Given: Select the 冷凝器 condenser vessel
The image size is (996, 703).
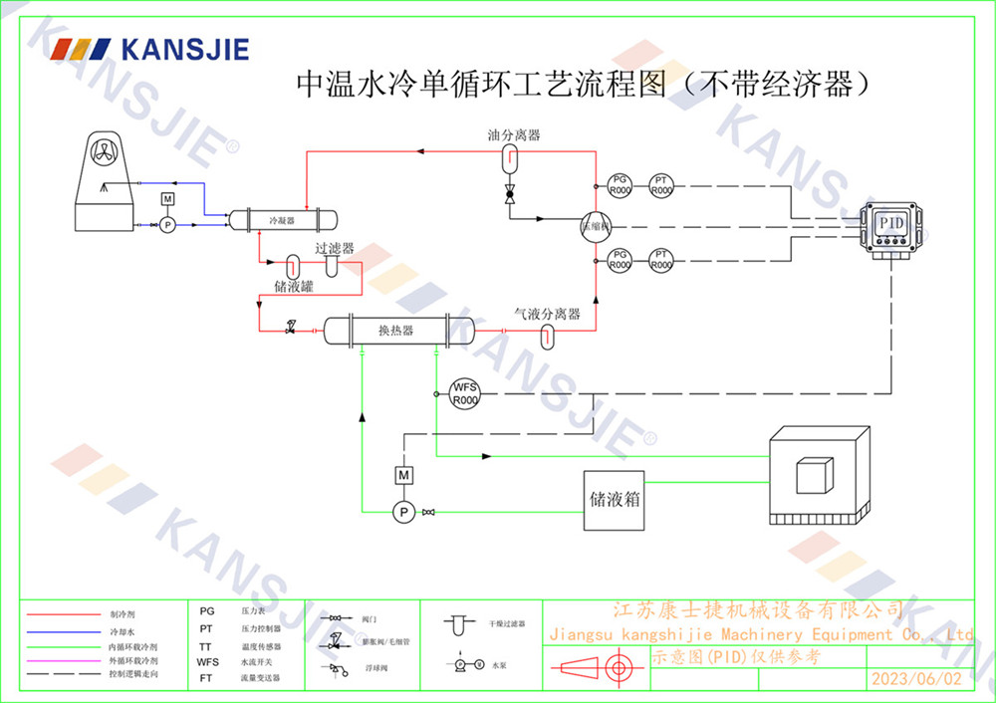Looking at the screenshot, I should (282, 218).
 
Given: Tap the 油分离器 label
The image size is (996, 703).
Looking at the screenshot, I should (514, 133).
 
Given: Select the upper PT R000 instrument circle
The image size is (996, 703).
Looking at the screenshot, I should (661, 184).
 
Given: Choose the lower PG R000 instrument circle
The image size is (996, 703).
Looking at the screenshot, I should (621, 260).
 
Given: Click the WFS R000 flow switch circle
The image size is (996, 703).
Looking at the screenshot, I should (465, 393).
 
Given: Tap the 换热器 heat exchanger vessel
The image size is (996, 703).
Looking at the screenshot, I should (395, 330).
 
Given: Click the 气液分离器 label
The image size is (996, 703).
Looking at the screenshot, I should (547, 314).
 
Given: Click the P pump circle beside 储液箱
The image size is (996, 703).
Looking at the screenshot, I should (404, 512).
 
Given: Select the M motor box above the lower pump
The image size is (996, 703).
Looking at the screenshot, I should (404, 475).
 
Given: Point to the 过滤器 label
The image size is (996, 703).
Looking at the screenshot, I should (335, 249).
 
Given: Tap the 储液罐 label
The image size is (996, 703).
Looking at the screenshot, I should (295, 285).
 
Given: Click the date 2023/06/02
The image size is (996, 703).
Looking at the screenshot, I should (917, 679).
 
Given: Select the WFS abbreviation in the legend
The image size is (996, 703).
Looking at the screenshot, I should (207, 661).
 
